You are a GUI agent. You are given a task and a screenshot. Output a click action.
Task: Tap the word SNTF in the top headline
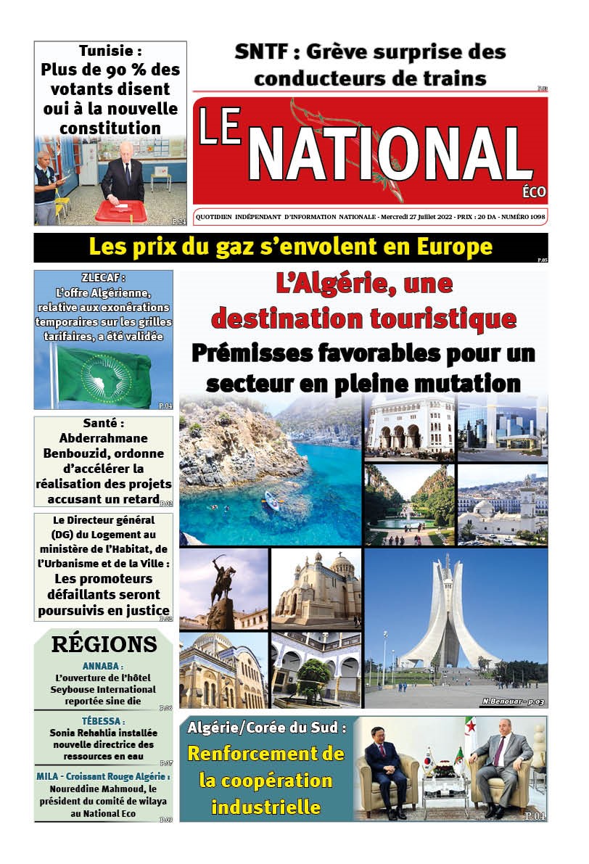pyautogui.click(x=265, y=52)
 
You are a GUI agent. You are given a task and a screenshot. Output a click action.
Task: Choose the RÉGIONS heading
pyautogui.click(x=104, y=643)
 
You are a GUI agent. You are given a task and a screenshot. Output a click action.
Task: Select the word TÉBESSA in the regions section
pyautogui.click(x=102, y=721)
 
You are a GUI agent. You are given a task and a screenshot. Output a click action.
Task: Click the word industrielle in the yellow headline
pyautogui.click(x=265, y=806)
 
